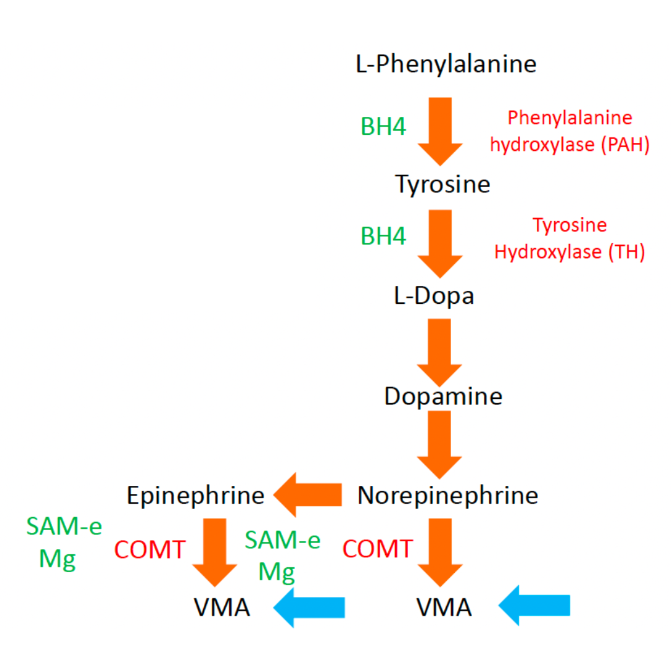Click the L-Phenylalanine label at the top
446,64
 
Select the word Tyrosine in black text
442,185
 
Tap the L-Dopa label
434,296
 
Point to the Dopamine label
443,396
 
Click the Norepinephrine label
447,496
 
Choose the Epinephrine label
196,496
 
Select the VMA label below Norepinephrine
444,608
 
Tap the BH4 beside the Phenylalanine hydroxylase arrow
383,126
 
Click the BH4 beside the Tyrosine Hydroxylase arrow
383,237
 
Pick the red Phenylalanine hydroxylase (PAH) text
570,132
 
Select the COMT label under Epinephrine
150,549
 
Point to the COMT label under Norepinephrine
378,549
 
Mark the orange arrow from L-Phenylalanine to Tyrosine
440,130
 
